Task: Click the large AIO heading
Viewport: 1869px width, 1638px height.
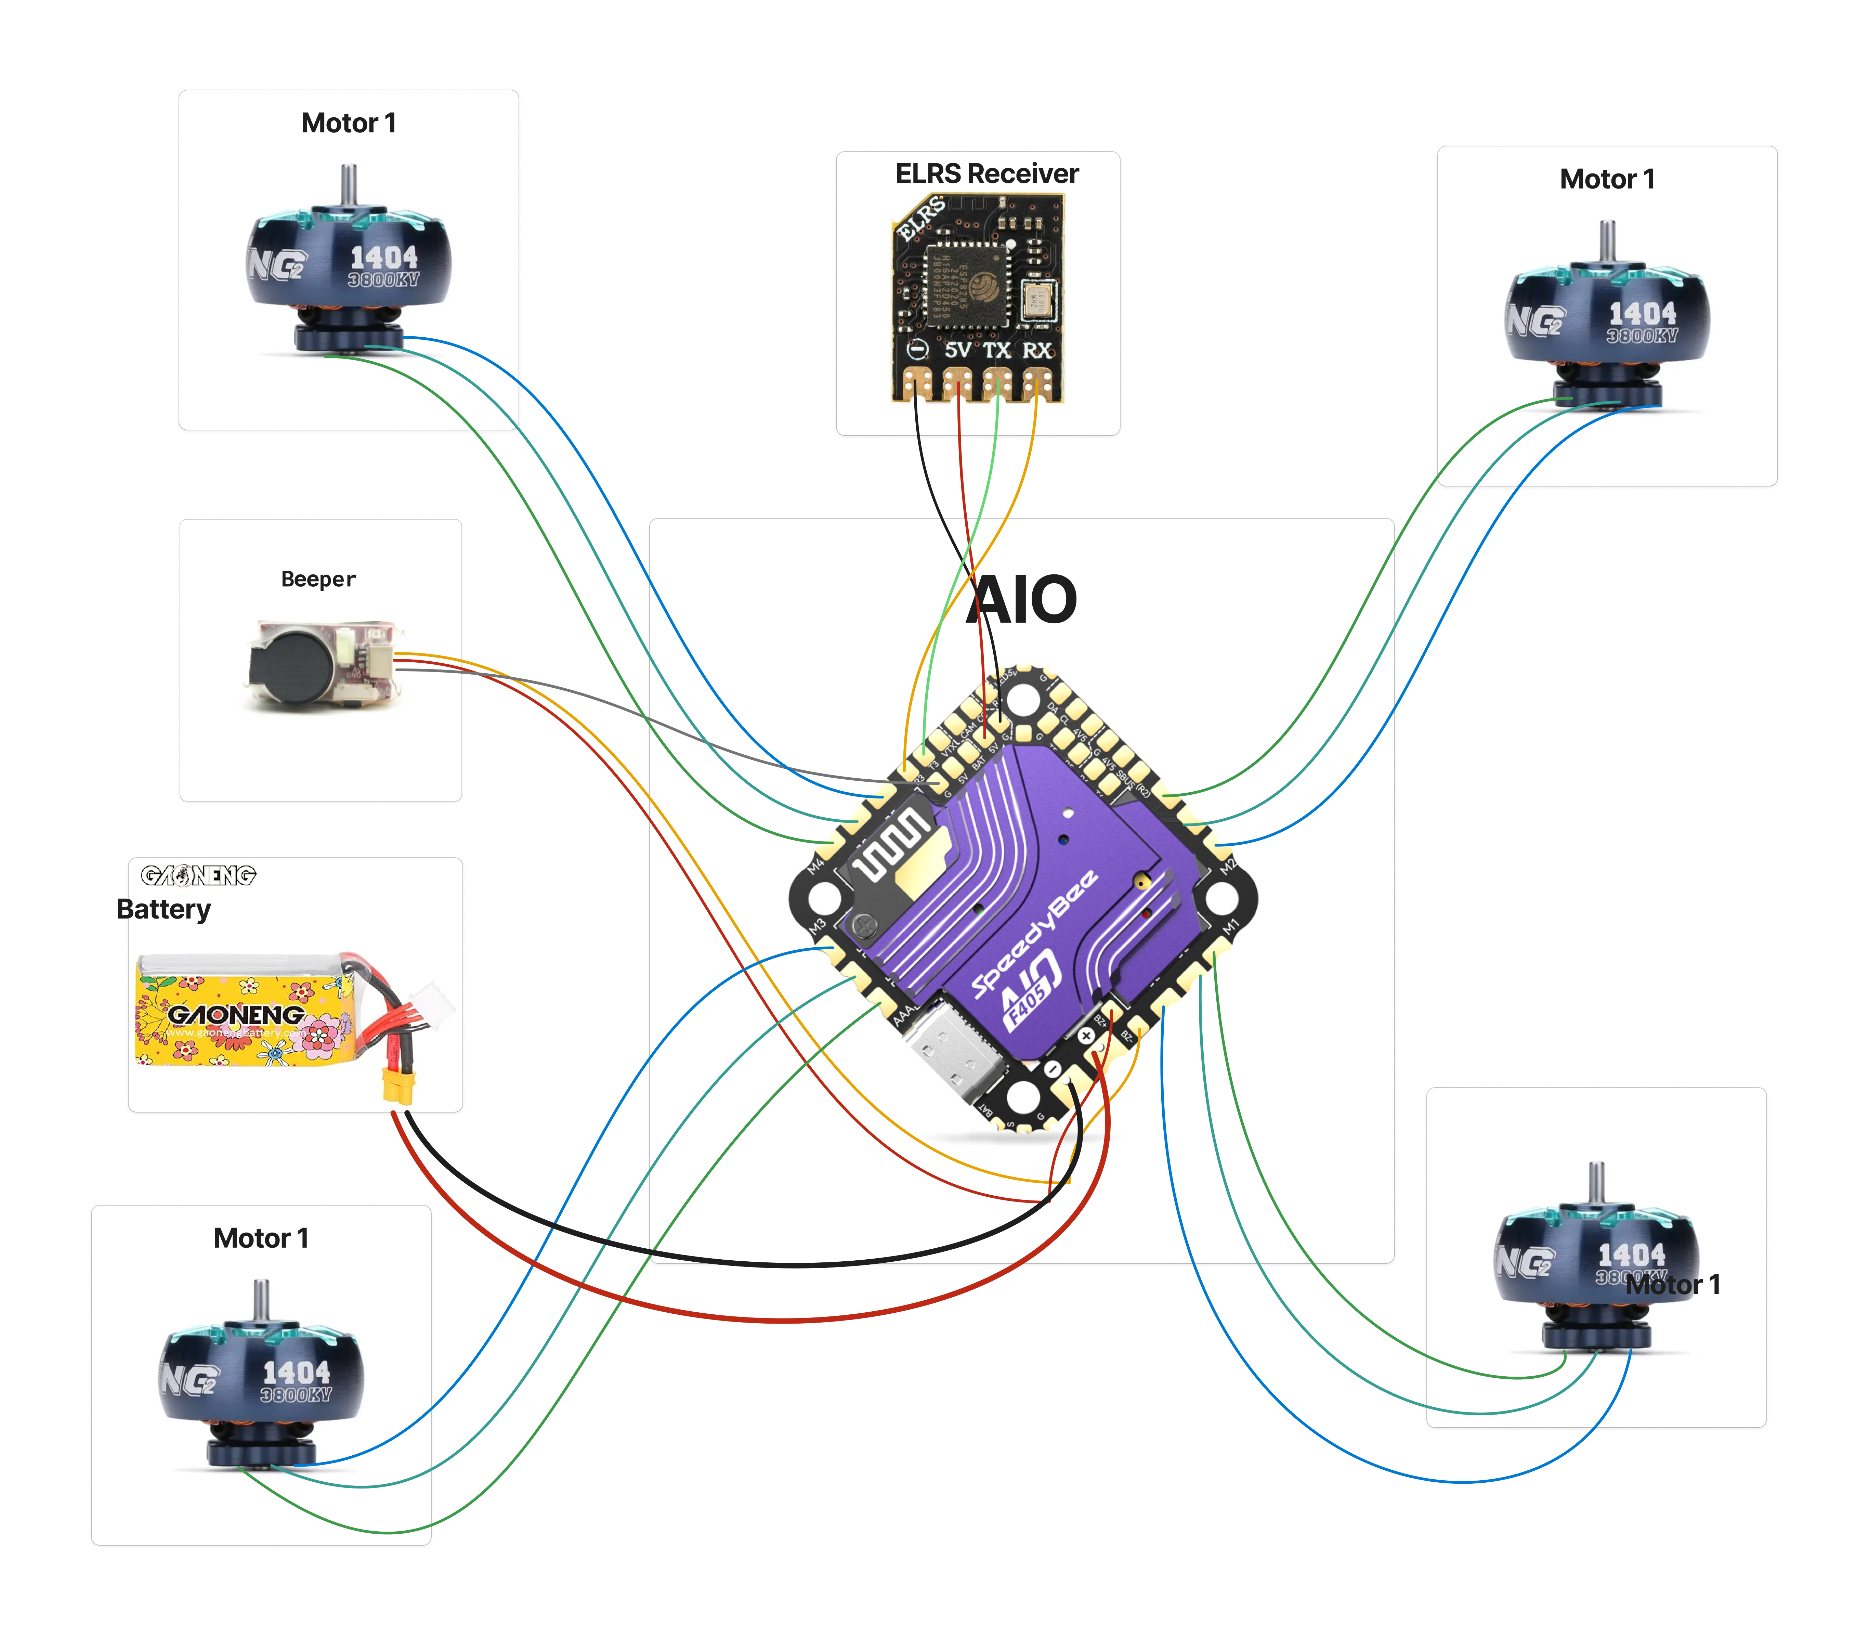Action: [1022, 600]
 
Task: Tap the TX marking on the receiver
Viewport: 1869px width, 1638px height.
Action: [996, 350]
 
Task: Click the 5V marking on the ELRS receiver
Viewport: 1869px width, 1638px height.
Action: [957, 350]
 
